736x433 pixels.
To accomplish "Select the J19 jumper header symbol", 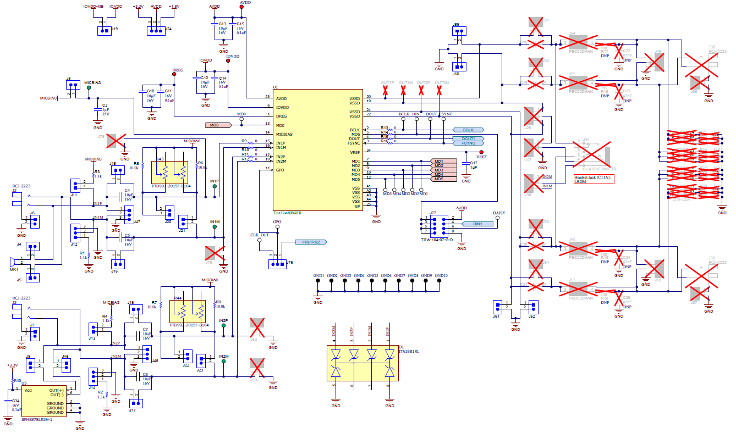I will [x=105, y=31].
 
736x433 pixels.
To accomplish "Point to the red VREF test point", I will [x=481, y=152].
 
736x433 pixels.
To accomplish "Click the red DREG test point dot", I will [x=174, y=77].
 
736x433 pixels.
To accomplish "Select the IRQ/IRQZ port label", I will [x=311, y=242].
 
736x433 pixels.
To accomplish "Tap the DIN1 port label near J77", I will [x=477, y=224].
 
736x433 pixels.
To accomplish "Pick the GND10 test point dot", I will [x=440, y=281].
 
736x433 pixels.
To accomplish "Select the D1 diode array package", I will [x=362, y=363].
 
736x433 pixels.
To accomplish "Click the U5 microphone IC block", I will [x=43, y=401].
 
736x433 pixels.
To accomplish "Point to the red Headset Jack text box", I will [x=593, y=179].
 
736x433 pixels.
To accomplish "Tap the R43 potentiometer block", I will [x=171, y=173].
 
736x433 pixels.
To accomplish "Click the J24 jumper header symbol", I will [x=156, y=31].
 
